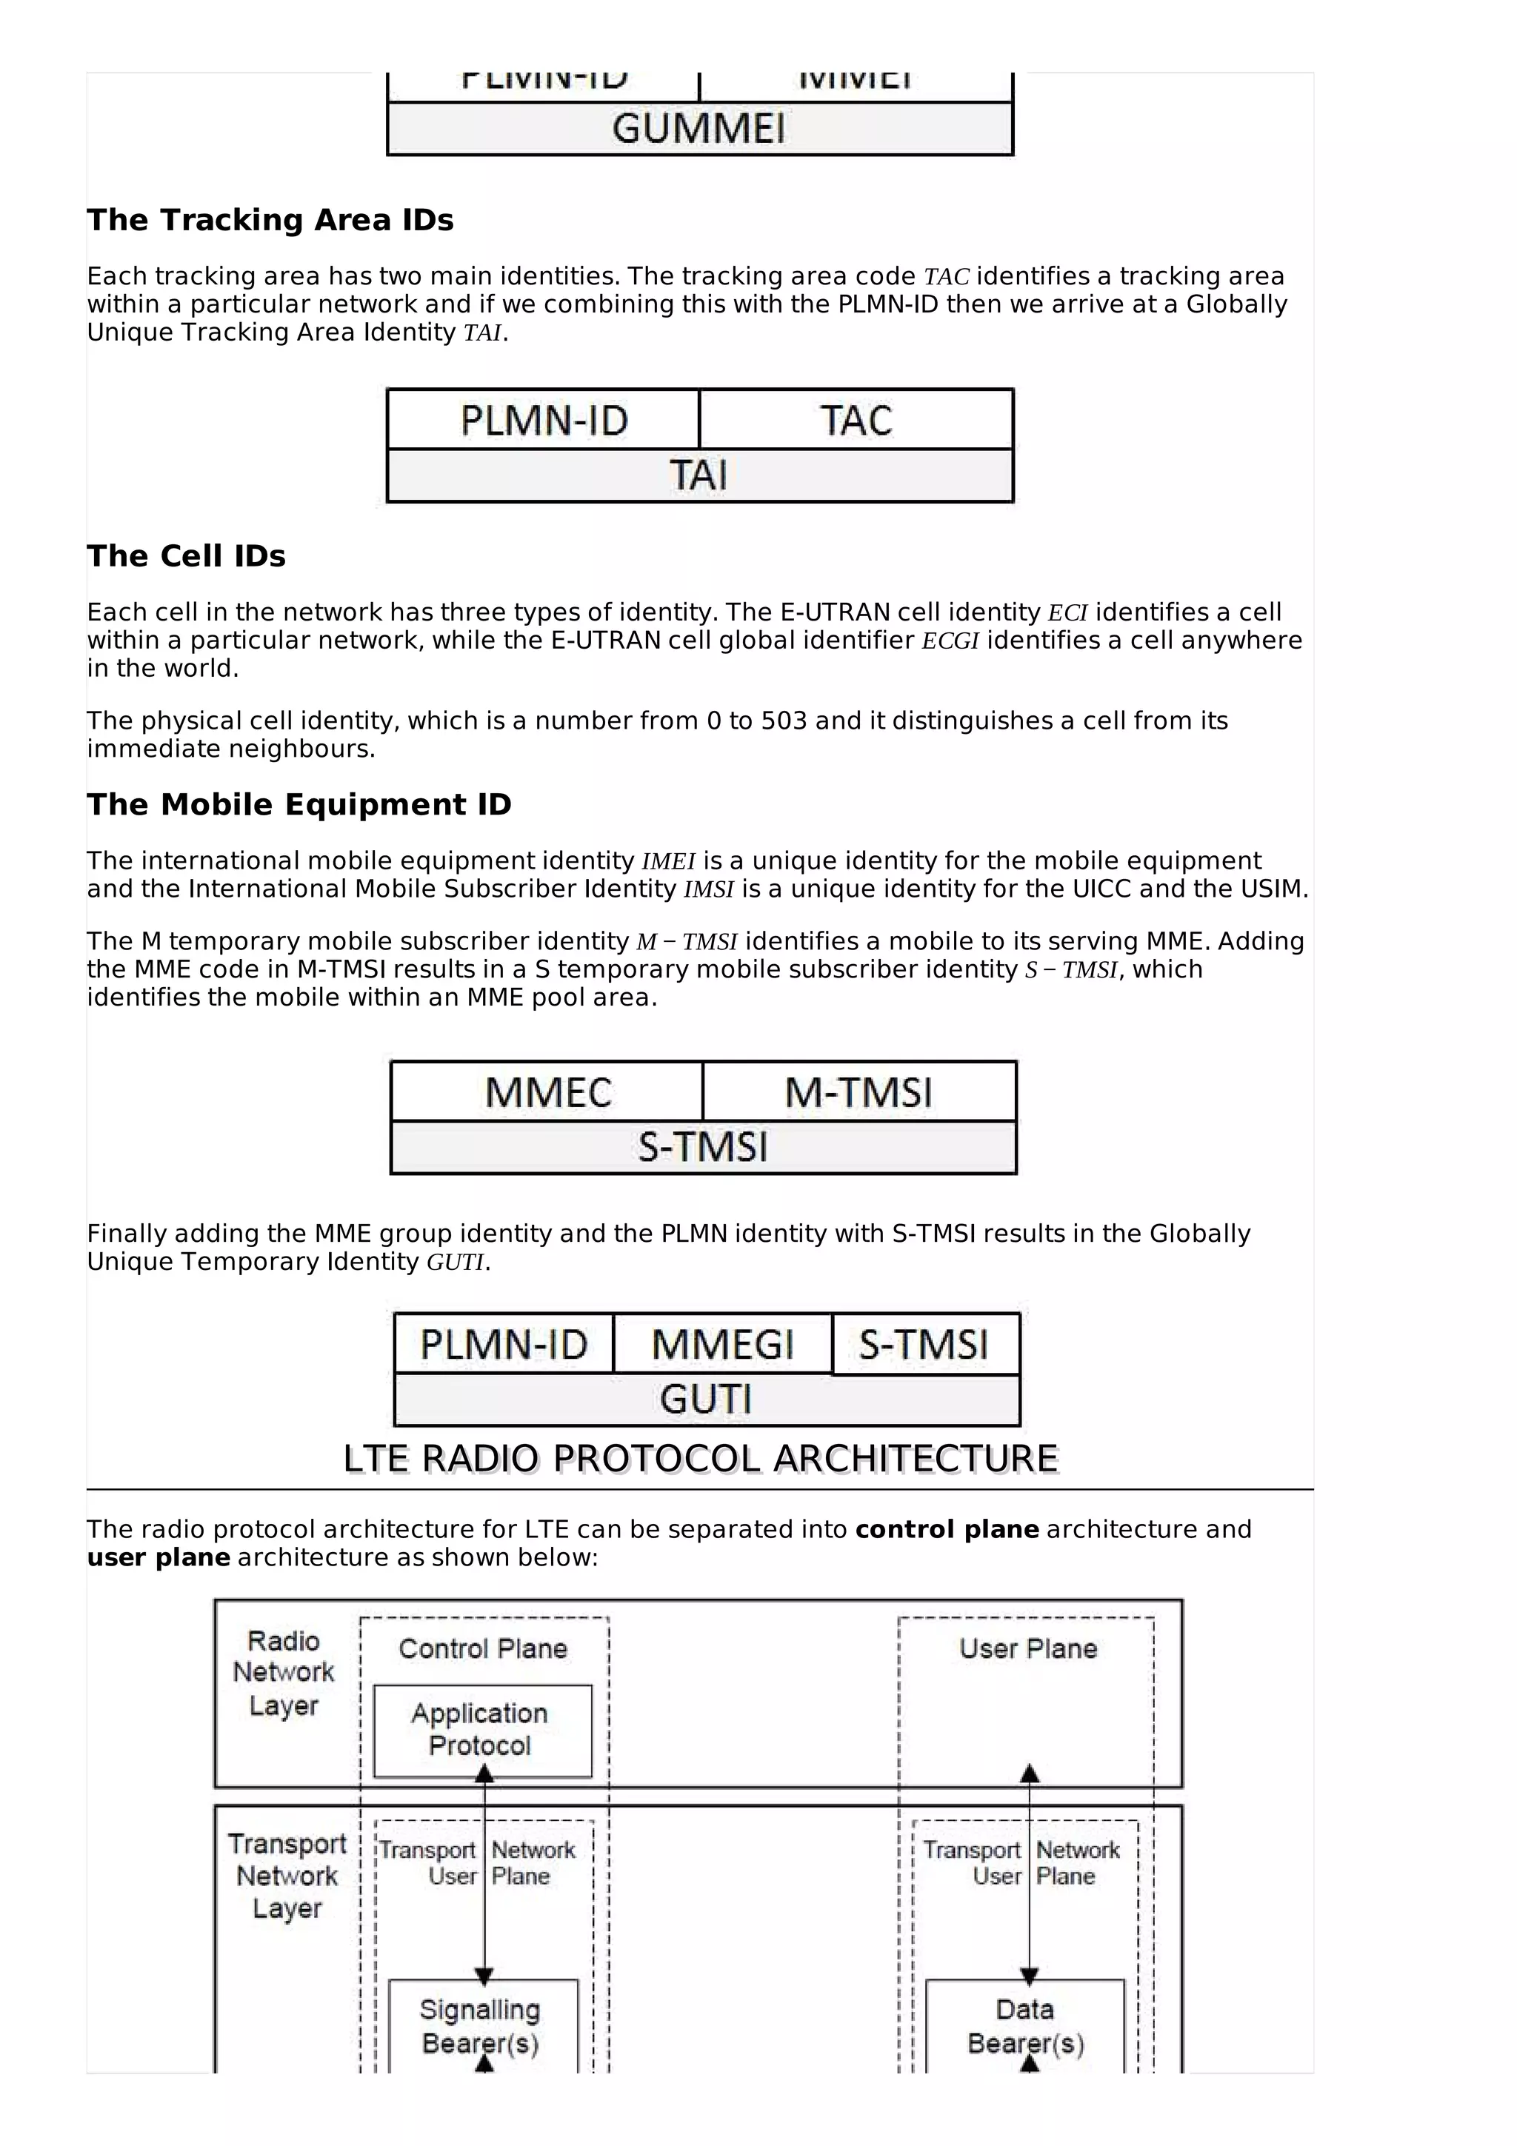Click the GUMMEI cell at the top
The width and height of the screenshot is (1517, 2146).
tap(699, 129)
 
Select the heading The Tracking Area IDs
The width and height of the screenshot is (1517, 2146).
tap(270, 220)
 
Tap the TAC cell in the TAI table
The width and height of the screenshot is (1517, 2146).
tap(856, 421)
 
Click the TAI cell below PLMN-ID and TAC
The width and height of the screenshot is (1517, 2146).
tap(699, 475)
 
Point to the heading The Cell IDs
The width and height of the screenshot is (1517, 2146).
tap(186, 555)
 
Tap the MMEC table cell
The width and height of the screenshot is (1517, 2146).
tap(547, 1092)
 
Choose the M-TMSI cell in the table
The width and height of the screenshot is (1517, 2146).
tap(858, 1092)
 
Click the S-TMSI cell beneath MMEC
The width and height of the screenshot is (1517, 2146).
tap(703, 1147)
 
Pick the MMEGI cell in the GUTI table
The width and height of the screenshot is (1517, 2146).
tap(722, 1344)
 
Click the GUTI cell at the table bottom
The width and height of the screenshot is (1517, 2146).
tap(706, 1400)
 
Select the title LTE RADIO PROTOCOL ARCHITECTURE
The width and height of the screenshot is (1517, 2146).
tap(700, 1458)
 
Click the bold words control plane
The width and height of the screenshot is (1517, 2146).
tap(947, 1529)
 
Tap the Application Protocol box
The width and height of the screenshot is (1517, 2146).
tap(481, 1729)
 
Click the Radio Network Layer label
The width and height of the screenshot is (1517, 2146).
tap(283, 1673)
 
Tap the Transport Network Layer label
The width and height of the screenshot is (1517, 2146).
tap(287, 1876)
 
